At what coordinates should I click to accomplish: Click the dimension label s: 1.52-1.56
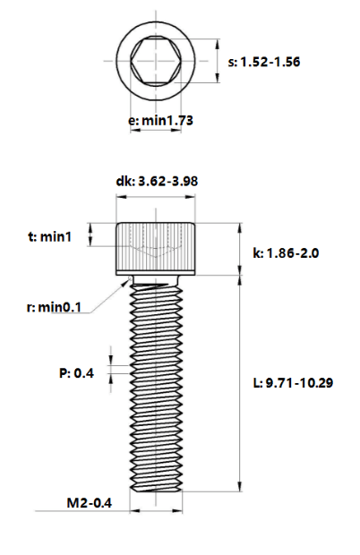coord(264,62)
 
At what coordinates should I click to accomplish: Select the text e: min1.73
coord(160,121)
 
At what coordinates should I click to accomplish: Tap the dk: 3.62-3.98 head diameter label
coord(157,181)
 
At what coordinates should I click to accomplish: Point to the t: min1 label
coord(49,236)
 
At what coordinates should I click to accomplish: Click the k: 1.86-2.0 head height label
coord(286,253)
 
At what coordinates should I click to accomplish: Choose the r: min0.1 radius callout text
coord(54,307)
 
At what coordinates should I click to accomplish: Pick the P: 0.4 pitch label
coord(76,373)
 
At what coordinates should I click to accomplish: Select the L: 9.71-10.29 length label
coord(293,383)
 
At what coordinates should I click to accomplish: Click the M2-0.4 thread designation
coord(90,502)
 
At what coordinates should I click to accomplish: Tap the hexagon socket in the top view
coord(156,61)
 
